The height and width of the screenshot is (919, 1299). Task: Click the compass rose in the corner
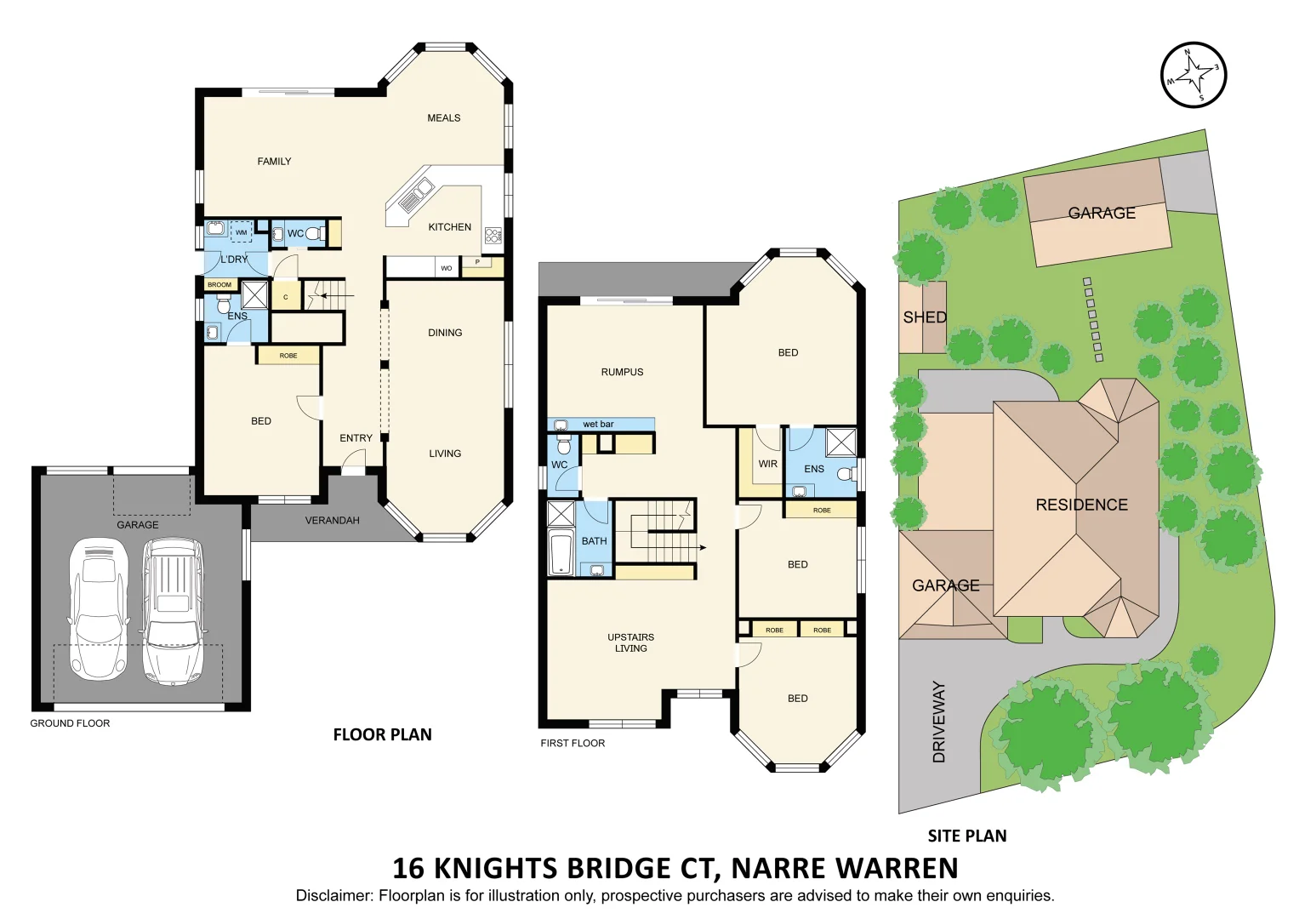(x=1194, y=75)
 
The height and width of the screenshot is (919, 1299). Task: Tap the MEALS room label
(x=443, y=118)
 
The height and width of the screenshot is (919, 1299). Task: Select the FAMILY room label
(x=274, y=162)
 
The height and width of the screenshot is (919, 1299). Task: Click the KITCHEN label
(x=449, y=227)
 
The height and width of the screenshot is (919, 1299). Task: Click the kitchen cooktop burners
(x=493, y=235)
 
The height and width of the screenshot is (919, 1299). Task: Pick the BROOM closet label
(x=219, y=285)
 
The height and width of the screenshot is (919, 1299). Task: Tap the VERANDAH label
(x=332, y=521)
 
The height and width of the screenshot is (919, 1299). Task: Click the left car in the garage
(x=98, y=608)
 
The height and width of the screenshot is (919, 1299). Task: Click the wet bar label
(x=598, y=425)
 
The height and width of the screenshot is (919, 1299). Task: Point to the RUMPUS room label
(x=622, y=373)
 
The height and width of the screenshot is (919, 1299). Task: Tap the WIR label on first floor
(x=767, y=465)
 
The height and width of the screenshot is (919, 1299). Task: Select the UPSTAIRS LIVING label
(x=630, y=643)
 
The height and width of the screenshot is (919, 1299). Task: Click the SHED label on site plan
(x=925, y=317)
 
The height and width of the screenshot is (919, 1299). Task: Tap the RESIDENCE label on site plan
(x=1081, y=505)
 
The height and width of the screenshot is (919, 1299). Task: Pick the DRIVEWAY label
(x=939, y=722)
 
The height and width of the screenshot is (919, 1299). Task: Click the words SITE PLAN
(x=966, y=836)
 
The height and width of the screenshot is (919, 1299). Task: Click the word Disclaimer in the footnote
(x=333, y=896)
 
